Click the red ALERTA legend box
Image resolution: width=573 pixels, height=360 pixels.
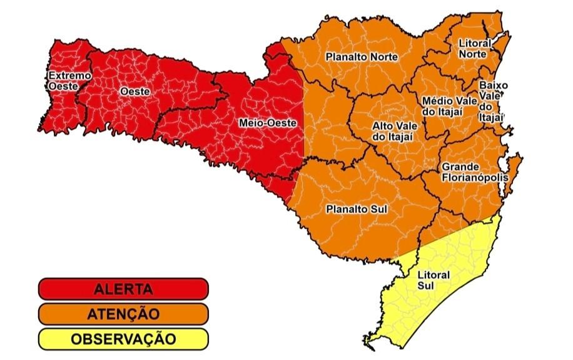123,289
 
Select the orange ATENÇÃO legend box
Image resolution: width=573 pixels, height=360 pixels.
123,314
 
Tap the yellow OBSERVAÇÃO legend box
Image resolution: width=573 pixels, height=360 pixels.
123,339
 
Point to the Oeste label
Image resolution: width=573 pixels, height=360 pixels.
134,91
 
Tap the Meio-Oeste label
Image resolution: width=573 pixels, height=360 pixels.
268,123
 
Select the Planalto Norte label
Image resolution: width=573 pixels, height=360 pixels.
362,57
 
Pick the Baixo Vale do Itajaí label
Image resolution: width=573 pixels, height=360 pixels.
493,101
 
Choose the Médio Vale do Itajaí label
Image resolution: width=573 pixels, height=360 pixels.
448,106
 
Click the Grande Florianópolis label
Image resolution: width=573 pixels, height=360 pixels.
474,172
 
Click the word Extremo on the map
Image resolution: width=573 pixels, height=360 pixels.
69,76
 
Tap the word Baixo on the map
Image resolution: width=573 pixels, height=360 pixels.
493,85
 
